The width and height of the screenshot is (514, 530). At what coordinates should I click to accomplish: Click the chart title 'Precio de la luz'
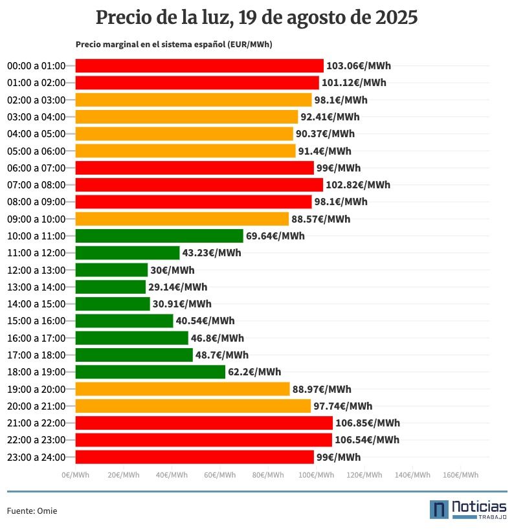256,17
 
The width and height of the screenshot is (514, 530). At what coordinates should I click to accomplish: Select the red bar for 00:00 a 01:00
199,65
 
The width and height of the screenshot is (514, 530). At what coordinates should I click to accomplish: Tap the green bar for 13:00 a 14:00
111,287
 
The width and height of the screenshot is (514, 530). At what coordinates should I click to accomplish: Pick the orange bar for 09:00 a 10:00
182,219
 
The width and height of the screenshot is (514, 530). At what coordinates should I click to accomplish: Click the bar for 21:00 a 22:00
204,423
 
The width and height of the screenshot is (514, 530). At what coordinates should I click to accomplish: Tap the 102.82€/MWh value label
358,185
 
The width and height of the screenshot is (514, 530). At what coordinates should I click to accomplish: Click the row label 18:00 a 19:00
36,372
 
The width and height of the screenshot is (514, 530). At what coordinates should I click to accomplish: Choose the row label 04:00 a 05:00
36,134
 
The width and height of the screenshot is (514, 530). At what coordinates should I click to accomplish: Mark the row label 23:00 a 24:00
36,458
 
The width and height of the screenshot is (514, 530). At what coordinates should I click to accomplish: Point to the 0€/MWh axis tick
76,475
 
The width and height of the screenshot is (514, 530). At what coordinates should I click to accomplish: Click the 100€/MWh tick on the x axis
316,475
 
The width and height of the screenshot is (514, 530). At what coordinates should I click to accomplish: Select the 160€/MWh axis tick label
460,475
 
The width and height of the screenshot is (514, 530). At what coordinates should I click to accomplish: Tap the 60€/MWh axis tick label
220,475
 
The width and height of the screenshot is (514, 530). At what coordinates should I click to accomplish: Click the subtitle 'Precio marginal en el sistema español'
173,45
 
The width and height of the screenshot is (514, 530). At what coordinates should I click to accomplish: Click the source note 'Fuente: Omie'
32,511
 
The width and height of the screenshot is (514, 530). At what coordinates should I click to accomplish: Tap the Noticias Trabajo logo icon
439,509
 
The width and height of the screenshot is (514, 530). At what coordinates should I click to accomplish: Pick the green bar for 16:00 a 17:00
131,338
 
